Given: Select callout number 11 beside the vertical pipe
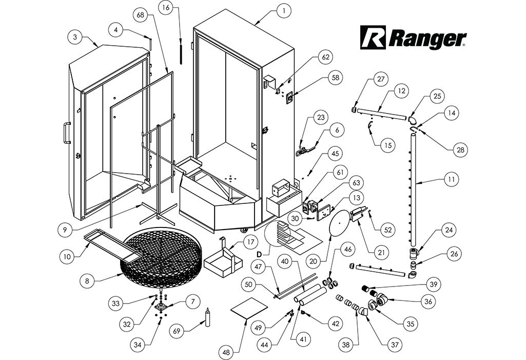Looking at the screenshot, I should (452, 180).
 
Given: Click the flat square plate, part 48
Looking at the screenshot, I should (250, 309).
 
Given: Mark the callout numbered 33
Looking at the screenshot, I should (117, 304).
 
